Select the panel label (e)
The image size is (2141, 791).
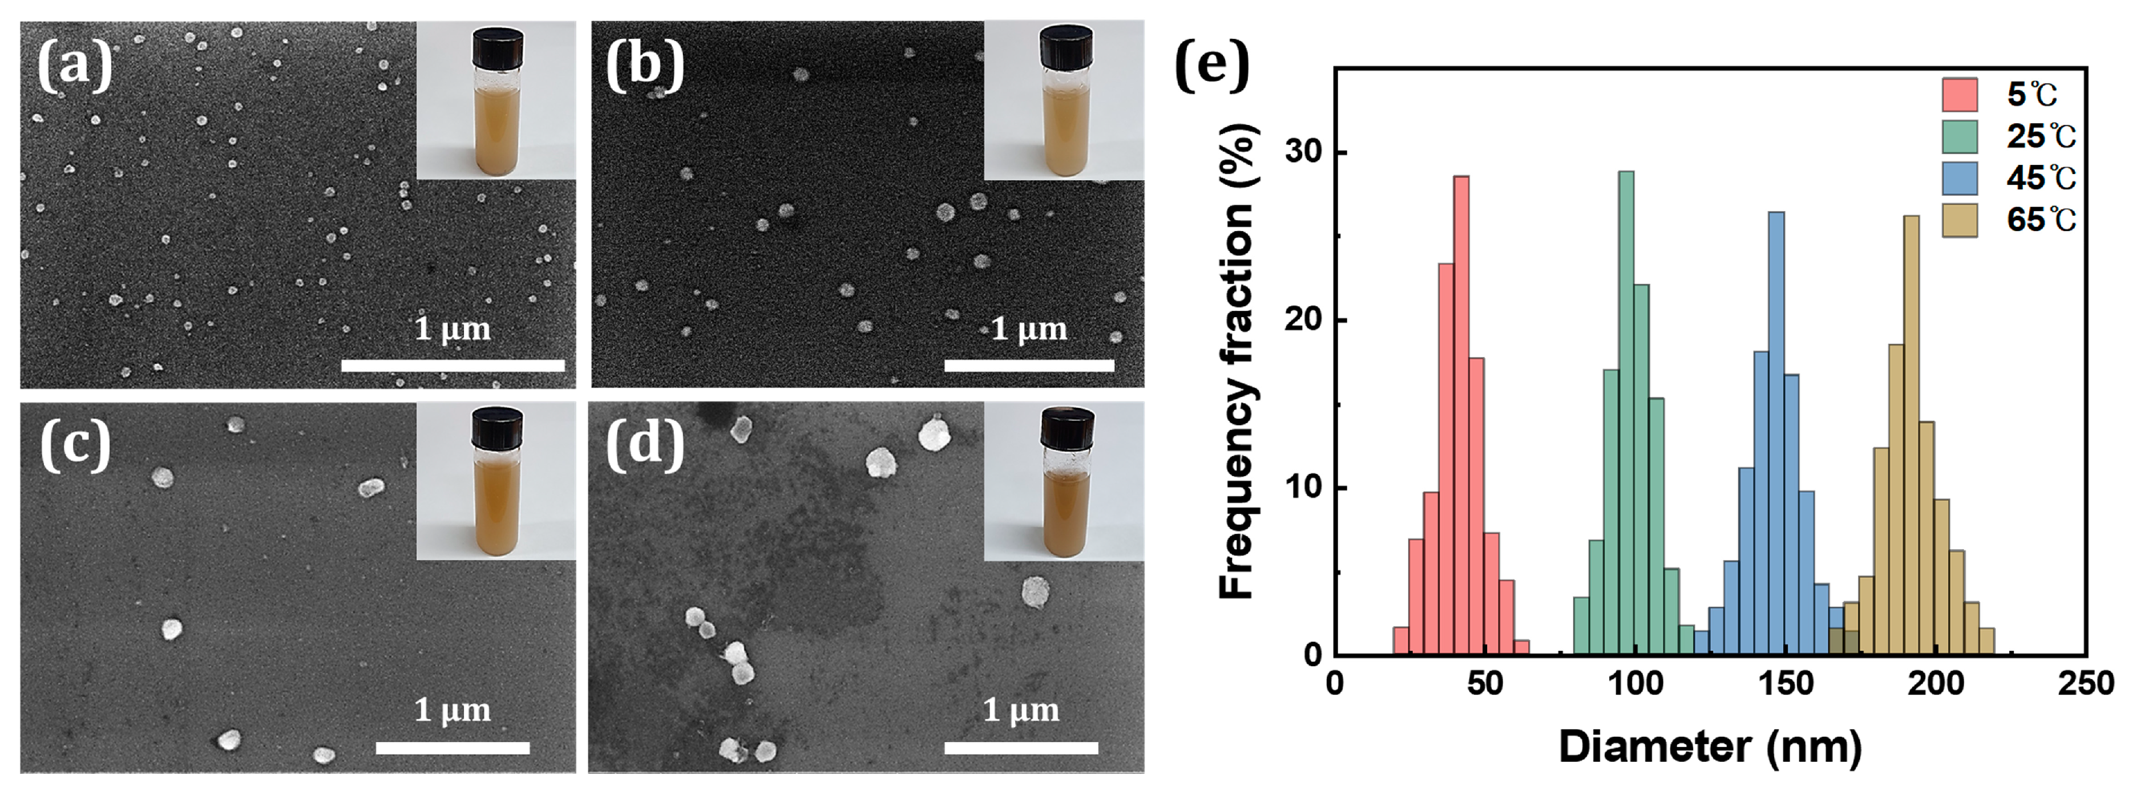[x=1212, y=67]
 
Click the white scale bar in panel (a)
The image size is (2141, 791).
[x=453, y=365]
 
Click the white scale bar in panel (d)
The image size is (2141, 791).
[x=1021, y=748]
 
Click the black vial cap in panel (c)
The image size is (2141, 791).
[x=497, y=427]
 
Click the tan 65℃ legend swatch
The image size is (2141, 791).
[x=1959, y=220]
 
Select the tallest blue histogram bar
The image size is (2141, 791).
[x=1776, y=432]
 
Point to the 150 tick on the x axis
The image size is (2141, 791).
[x=1786, y=684]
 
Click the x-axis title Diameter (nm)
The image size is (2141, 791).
[x=1710, y=747]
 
